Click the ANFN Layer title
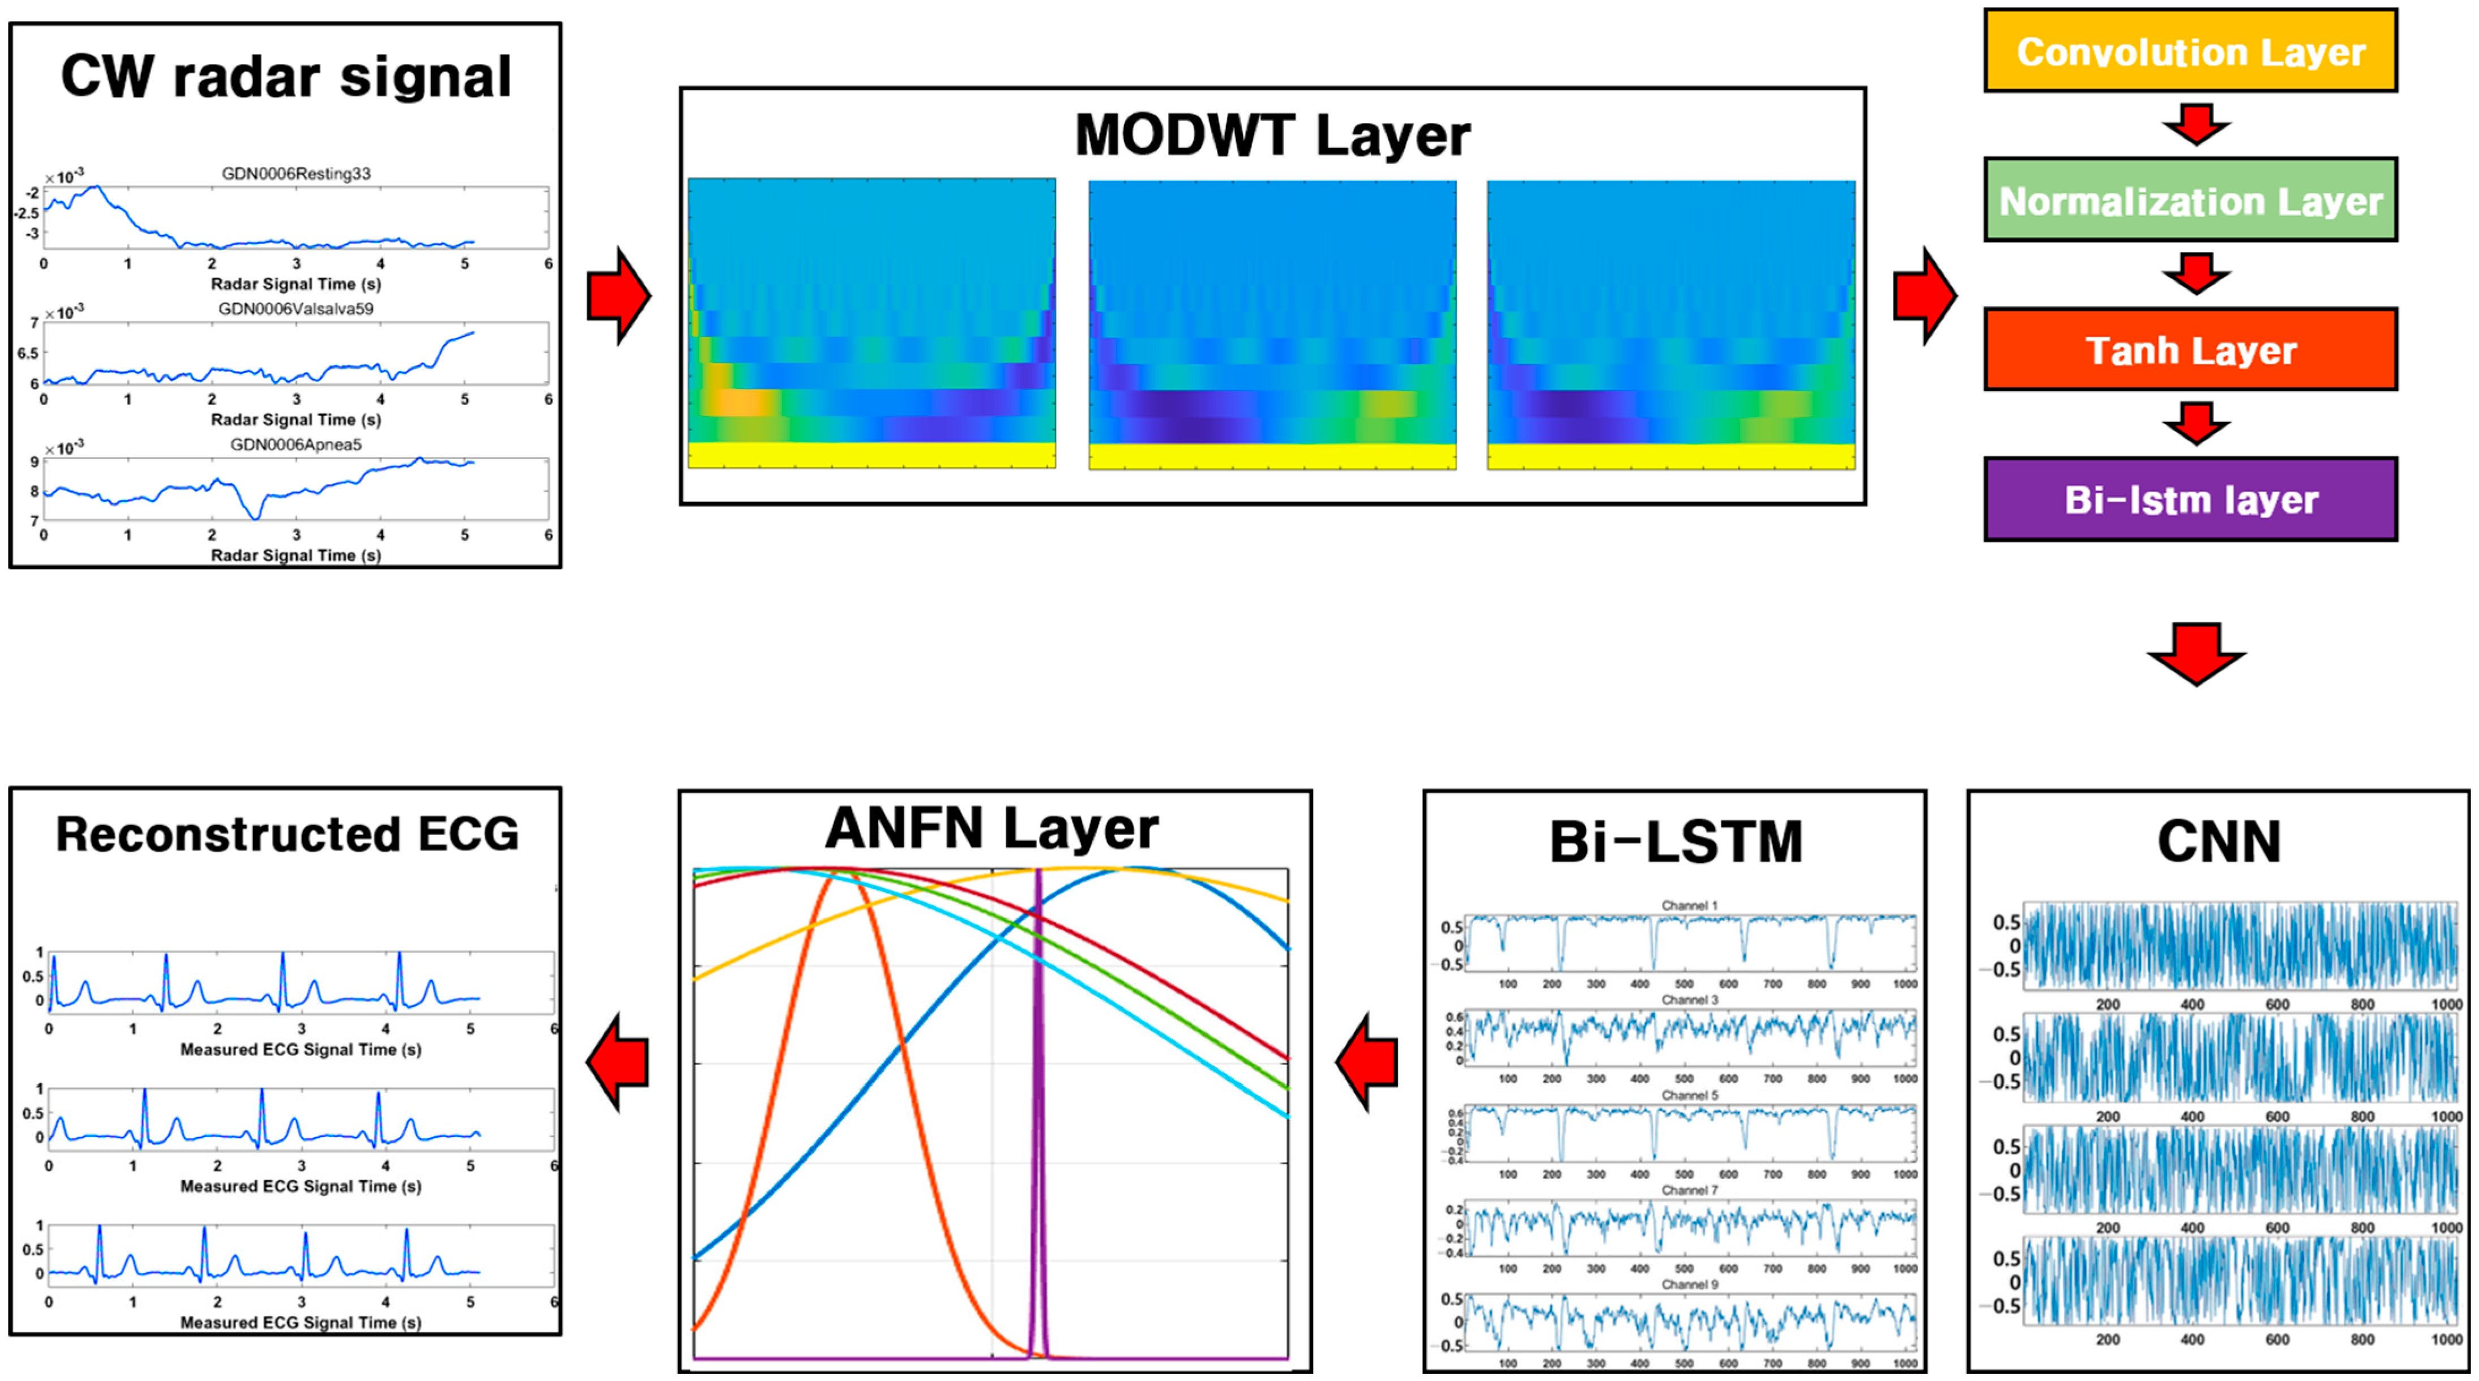[992, 828]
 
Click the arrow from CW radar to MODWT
[619, 296]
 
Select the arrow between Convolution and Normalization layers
[2195, 124]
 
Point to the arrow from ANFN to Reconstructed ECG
[618, 1062]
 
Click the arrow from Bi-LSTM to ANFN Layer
[1366, 1062]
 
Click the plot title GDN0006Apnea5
[296, 444]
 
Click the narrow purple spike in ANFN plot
[1037, 1107]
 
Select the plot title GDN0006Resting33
[296, 173]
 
